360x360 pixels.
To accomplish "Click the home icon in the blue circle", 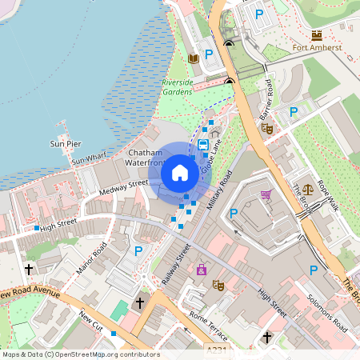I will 180,172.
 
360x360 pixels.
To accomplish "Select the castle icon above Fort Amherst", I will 317,35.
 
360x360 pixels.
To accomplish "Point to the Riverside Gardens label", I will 183,87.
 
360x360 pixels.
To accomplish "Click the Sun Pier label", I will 66,144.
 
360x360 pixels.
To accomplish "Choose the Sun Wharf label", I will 89,162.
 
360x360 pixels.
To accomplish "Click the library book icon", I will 193,58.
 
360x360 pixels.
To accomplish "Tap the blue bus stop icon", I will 203,145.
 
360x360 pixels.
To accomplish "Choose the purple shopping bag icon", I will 201,269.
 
